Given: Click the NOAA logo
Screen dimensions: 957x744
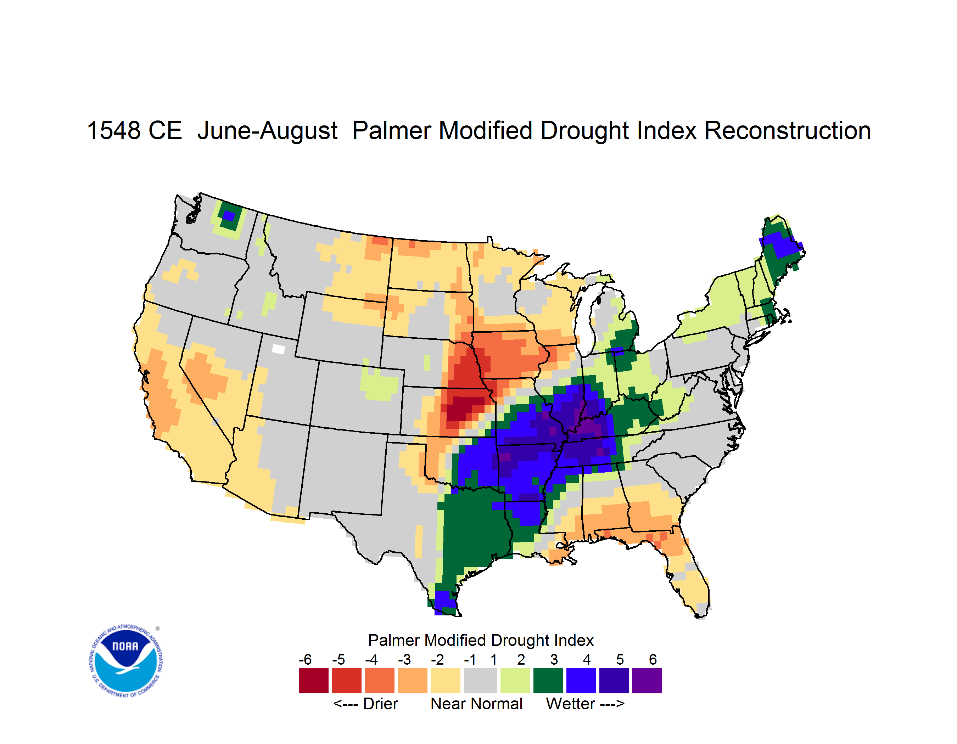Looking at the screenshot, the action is [x=126, y=661].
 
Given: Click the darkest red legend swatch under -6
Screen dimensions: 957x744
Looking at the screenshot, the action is [x=314, y=681].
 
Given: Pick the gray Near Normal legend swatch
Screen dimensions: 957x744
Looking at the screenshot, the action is [x=480, y=681].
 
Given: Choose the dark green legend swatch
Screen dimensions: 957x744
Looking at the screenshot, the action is [x=548, y=681].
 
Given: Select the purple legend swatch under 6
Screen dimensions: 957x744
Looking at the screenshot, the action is [x=647, y=681].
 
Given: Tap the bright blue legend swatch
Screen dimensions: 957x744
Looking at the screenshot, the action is [x=581, y=681].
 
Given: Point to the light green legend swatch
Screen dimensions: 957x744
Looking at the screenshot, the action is [x=515, y=681].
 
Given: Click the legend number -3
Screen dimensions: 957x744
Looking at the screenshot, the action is [x=404, y=659].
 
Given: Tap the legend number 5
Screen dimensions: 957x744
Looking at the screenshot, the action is [x=620, y=659].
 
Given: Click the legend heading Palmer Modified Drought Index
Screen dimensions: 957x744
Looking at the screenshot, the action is [x=481, y=640].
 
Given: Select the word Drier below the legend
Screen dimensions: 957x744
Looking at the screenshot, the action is [x=380, y=704].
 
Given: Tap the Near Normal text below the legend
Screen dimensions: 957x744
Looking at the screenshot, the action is [x=476, y=704].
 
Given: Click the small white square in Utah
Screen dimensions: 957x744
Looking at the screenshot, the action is [x=278, y=349].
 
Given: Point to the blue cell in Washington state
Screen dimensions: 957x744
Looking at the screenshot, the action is [x=229, y=216].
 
